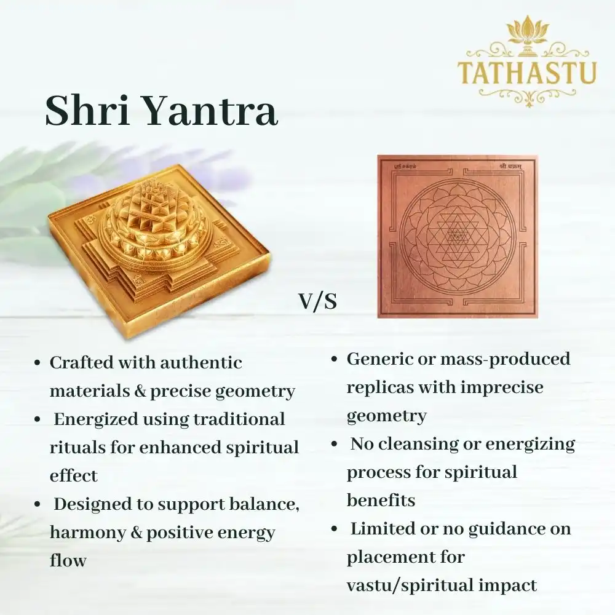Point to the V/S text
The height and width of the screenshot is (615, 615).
318,302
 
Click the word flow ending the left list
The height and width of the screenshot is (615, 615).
68,560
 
